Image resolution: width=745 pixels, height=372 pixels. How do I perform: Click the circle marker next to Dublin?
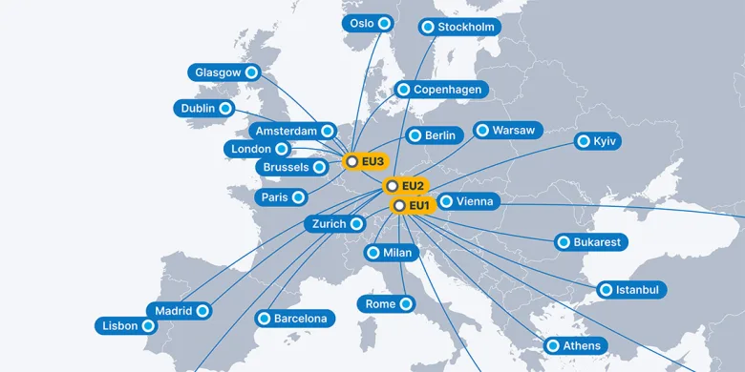pyautogui.click(x=225, y=109)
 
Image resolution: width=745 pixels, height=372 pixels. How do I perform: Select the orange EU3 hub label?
pyautogui.click(x=366, y=162)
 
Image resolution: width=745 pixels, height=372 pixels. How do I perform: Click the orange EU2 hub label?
pyautogui.click(x=406, y=185)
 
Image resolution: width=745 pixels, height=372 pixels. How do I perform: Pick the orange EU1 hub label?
pyautogui.click(x=414, y=205)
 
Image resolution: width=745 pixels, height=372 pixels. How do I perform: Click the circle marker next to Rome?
pyautogui.click(x=406, y=304)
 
